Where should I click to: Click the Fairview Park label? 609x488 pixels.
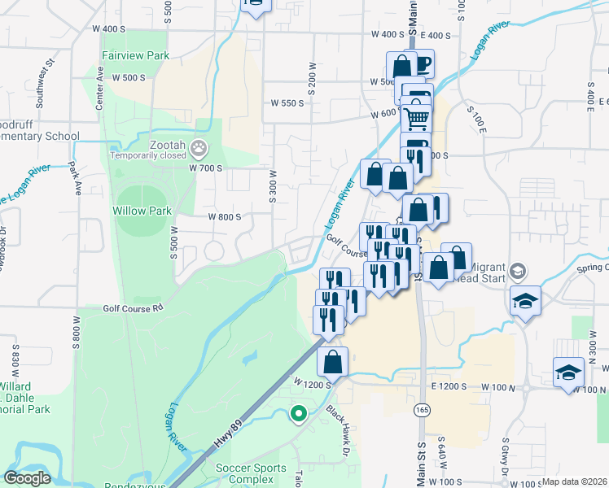135,56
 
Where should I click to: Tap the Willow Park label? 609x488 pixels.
142,211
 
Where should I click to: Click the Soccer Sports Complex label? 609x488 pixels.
251,473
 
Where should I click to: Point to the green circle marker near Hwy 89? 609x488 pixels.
298,413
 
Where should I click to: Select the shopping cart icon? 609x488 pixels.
416,119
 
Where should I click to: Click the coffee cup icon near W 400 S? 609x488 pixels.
421,63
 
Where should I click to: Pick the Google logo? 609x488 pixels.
27,478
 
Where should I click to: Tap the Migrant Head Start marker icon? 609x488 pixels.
520,271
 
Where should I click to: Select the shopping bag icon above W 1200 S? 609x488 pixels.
332,361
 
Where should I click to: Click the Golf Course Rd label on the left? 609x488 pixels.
133,308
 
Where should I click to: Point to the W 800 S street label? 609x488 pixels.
225,217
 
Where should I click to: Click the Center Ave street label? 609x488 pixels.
100,88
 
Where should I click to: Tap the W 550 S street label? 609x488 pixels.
287,103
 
